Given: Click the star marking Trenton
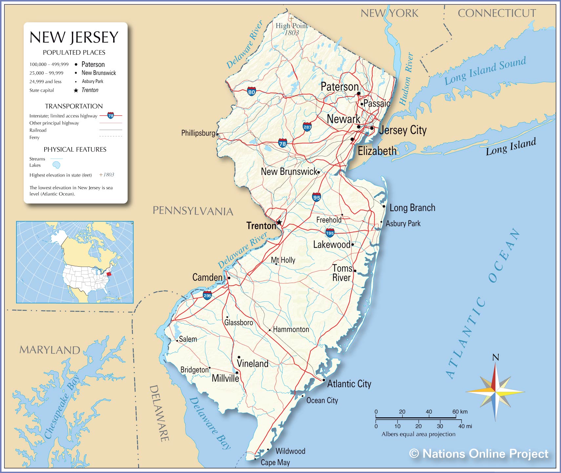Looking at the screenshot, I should pos(279,222).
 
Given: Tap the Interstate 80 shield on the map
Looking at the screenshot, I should pos(252,91).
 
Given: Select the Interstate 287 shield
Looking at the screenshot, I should pos(307,127).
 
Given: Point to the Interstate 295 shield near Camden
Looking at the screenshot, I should pos(207,295).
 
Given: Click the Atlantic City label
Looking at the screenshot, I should pos(349,384).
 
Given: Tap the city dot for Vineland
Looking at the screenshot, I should pos(239,357).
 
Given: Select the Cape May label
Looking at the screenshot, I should pos(275,463).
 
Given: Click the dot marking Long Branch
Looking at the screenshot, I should pos(384,206).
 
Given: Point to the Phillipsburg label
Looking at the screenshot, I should pos(198,133).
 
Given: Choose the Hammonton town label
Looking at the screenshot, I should pos(291,329).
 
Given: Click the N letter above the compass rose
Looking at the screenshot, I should pos(496,357).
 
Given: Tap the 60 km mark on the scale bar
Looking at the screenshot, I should pos(456,412).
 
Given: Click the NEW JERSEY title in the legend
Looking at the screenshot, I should pos(74,37).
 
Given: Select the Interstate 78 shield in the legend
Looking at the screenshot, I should pos(111,115).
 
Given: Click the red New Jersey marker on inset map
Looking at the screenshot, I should pos(109,274).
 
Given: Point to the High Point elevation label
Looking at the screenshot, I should pos(291,26).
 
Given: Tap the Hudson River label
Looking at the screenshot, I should pos(406,79).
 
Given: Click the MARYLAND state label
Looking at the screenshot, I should pos(50,350).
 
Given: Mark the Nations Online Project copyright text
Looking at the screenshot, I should pos(479,454).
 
